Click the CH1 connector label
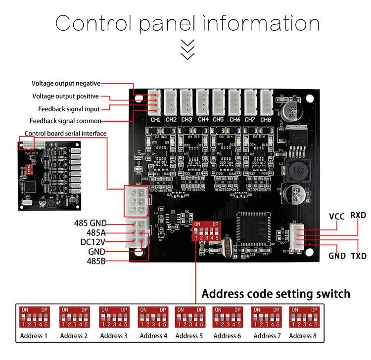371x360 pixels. point(155,119)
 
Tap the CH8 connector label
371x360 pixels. point(266,119)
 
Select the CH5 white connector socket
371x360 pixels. point(218,102)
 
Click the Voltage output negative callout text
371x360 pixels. point(66,84)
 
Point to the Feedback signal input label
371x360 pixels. point(69,109)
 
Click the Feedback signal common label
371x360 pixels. point(65,121)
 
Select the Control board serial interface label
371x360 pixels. point(65,133)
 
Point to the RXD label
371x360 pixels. point(358,215)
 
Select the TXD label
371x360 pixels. point(358,256)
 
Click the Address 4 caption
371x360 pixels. point(153,336)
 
